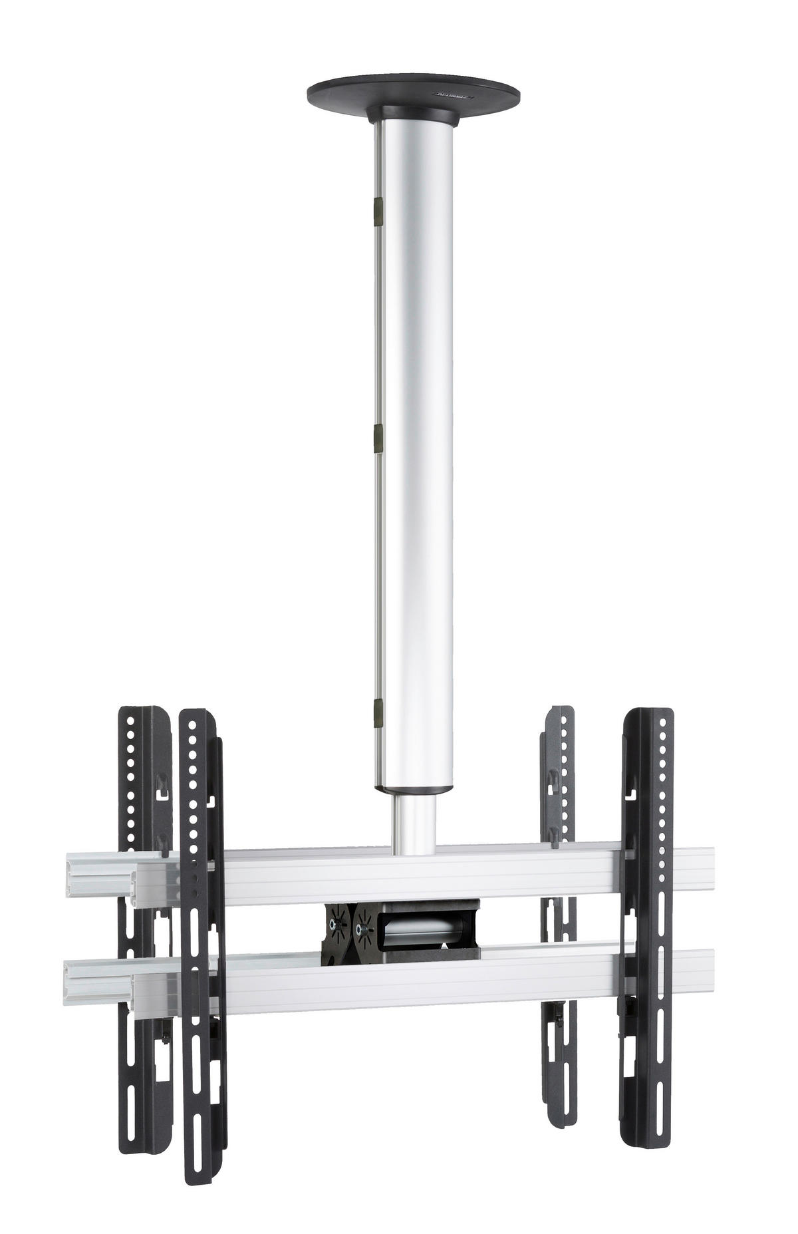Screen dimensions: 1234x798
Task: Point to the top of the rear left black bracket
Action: click(136, 714)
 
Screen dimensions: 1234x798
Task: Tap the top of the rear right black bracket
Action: click(559, 713)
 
